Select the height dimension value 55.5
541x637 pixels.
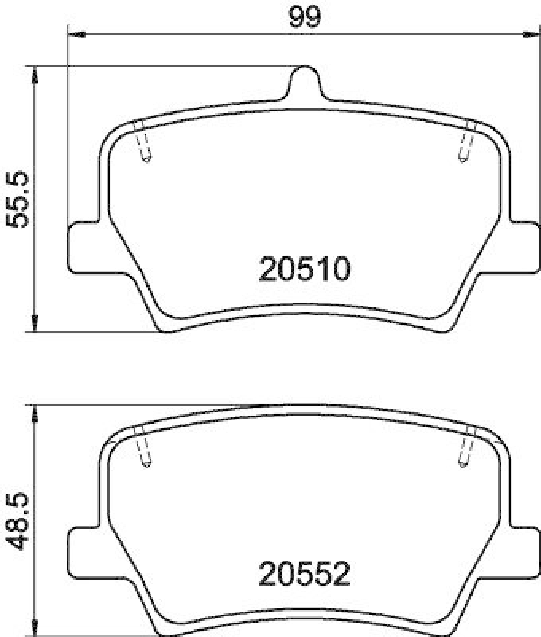(18, 199)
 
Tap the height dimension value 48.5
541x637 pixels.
(18, 522)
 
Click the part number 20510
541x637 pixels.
(305, 270)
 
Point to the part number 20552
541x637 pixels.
(305, 573)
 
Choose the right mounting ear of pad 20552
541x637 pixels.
(523, 549)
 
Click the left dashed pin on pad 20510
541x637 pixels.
(143, 143)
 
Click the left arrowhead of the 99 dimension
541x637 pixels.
(76, 33)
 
